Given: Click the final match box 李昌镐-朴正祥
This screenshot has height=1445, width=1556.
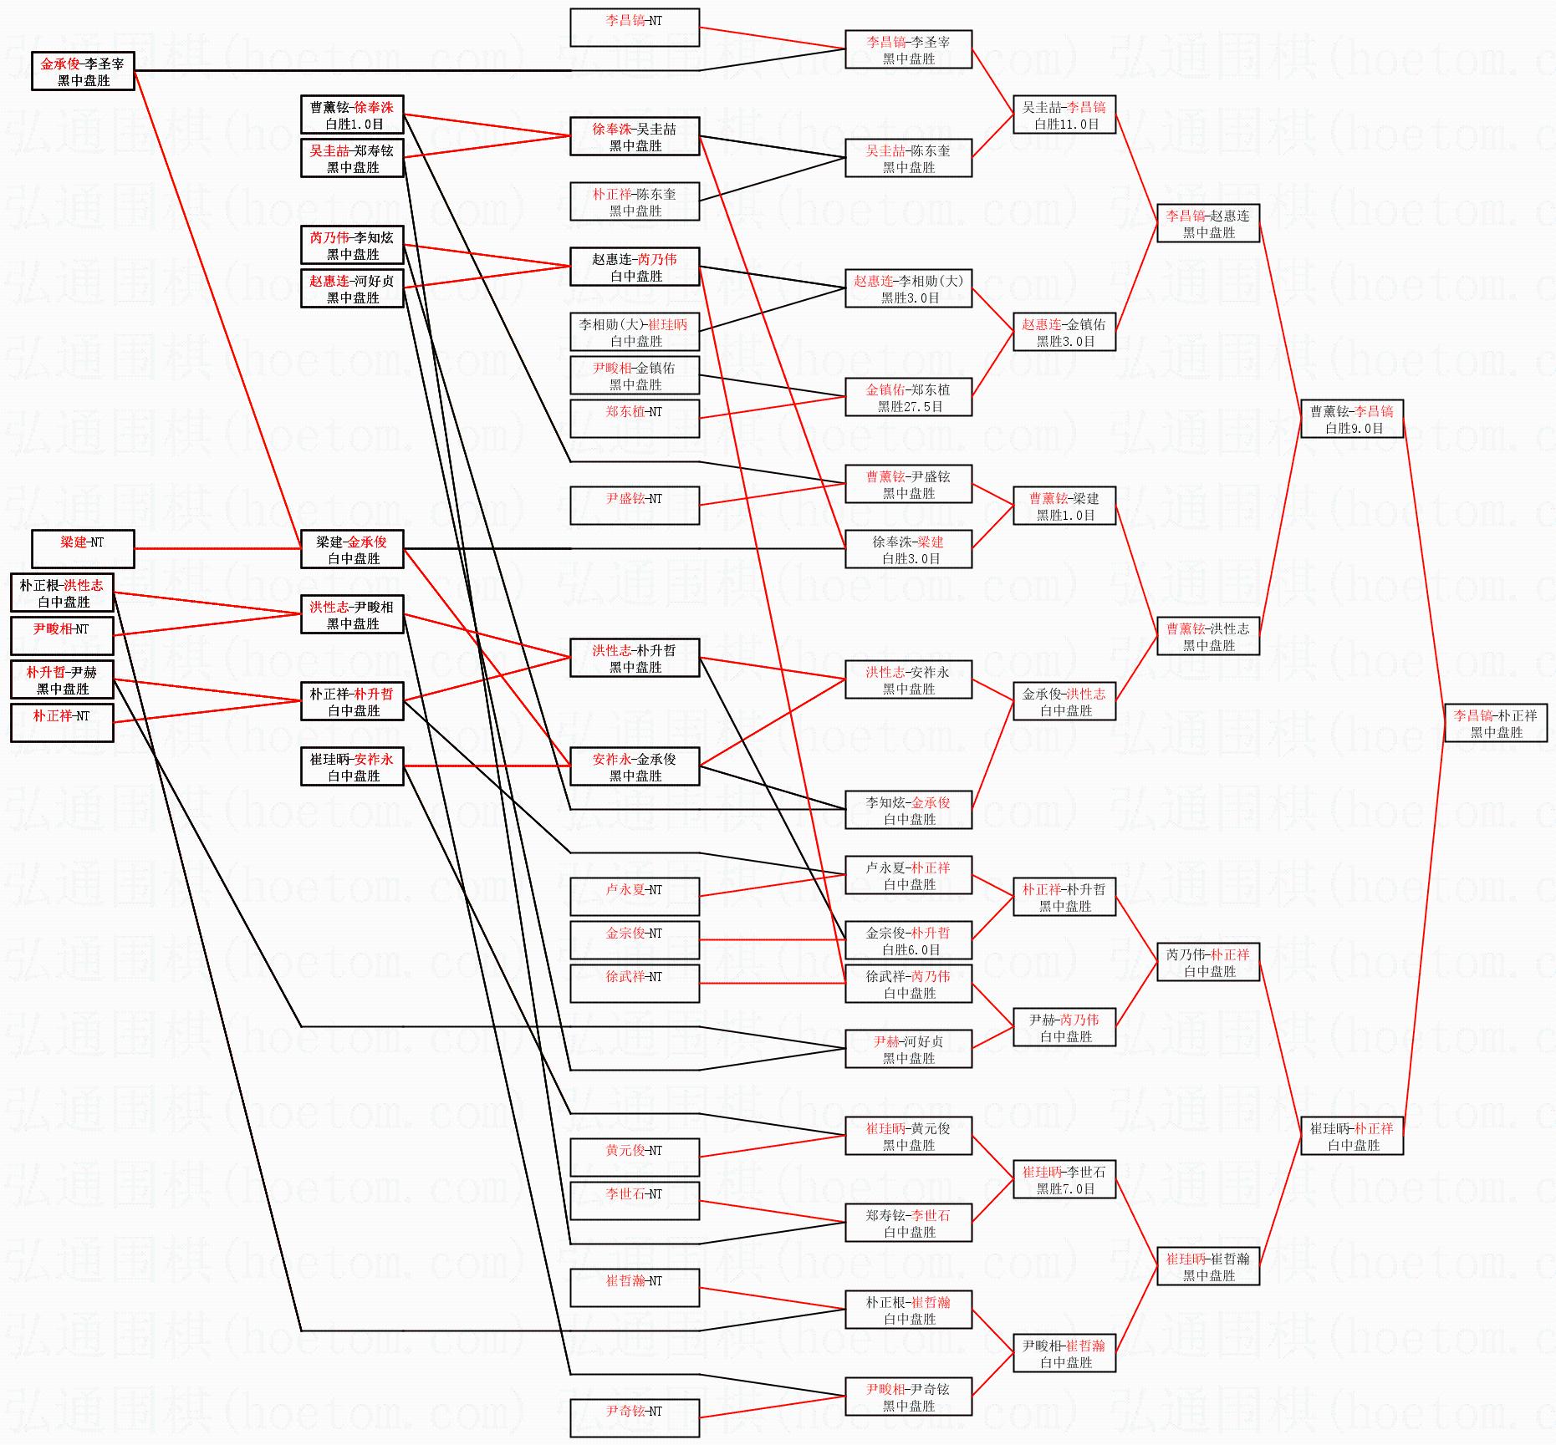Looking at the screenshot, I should tap(1496, 723).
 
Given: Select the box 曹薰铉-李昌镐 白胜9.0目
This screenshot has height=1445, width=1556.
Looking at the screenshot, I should tap(1352, 419).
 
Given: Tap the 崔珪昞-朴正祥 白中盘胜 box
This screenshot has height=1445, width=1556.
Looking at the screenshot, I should tap(1352, 1136).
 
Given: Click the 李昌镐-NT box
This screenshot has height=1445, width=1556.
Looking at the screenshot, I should tap(635, 28).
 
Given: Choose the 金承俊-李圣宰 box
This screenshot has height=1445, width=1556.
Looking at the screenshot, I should tap(83, 71).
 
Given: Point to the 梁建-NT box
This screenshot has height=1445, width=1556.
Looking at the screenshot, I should tap(83, 549).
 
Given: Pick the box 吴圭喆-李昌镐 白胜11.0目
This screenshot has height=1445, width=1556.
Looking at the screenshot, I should tap(1064, 114).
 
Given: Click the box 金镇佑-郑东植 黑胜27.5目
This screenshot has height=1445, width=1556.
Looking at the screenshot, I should tap(909, 397).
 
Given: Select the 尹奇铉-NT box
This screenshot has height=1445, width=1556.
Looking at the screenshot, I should tap(635, 1418).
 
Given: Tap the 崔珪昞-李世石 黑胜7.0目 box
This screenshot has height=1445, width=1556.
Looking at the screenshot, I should tap(1064, 1179).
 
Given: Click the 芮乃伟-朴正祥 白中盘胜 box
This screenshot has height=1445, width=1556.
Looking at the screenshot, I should tap(1208, 962).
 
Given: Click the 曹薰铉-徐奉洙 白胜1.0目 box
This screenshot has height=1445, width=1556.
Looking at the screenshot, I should tap(352, 114).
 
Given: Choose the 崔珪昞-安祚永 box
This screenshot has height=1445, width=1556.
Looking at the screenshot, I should tap(352, 766).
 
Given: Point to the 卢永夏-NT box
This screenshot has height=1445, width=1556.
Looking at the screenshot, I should tap(635, 897).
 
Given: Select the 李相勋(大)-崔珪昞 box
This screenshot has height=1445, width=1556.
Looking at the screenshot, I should tap(635, 332).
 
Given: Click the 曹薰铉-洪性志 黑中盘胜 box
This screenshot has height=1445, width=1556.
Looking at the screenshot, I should tap(1208, 636).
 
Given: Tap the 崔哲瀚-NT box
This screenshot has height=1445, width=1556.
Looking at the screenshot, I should tap(635, 1288).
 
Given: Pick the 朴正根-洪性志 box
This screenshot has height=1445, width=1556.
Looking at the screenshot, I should tap(62, 593).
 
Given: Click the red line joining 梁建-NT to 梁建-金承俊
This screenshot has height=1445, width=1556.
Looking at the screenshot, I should tap(217, 548).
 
